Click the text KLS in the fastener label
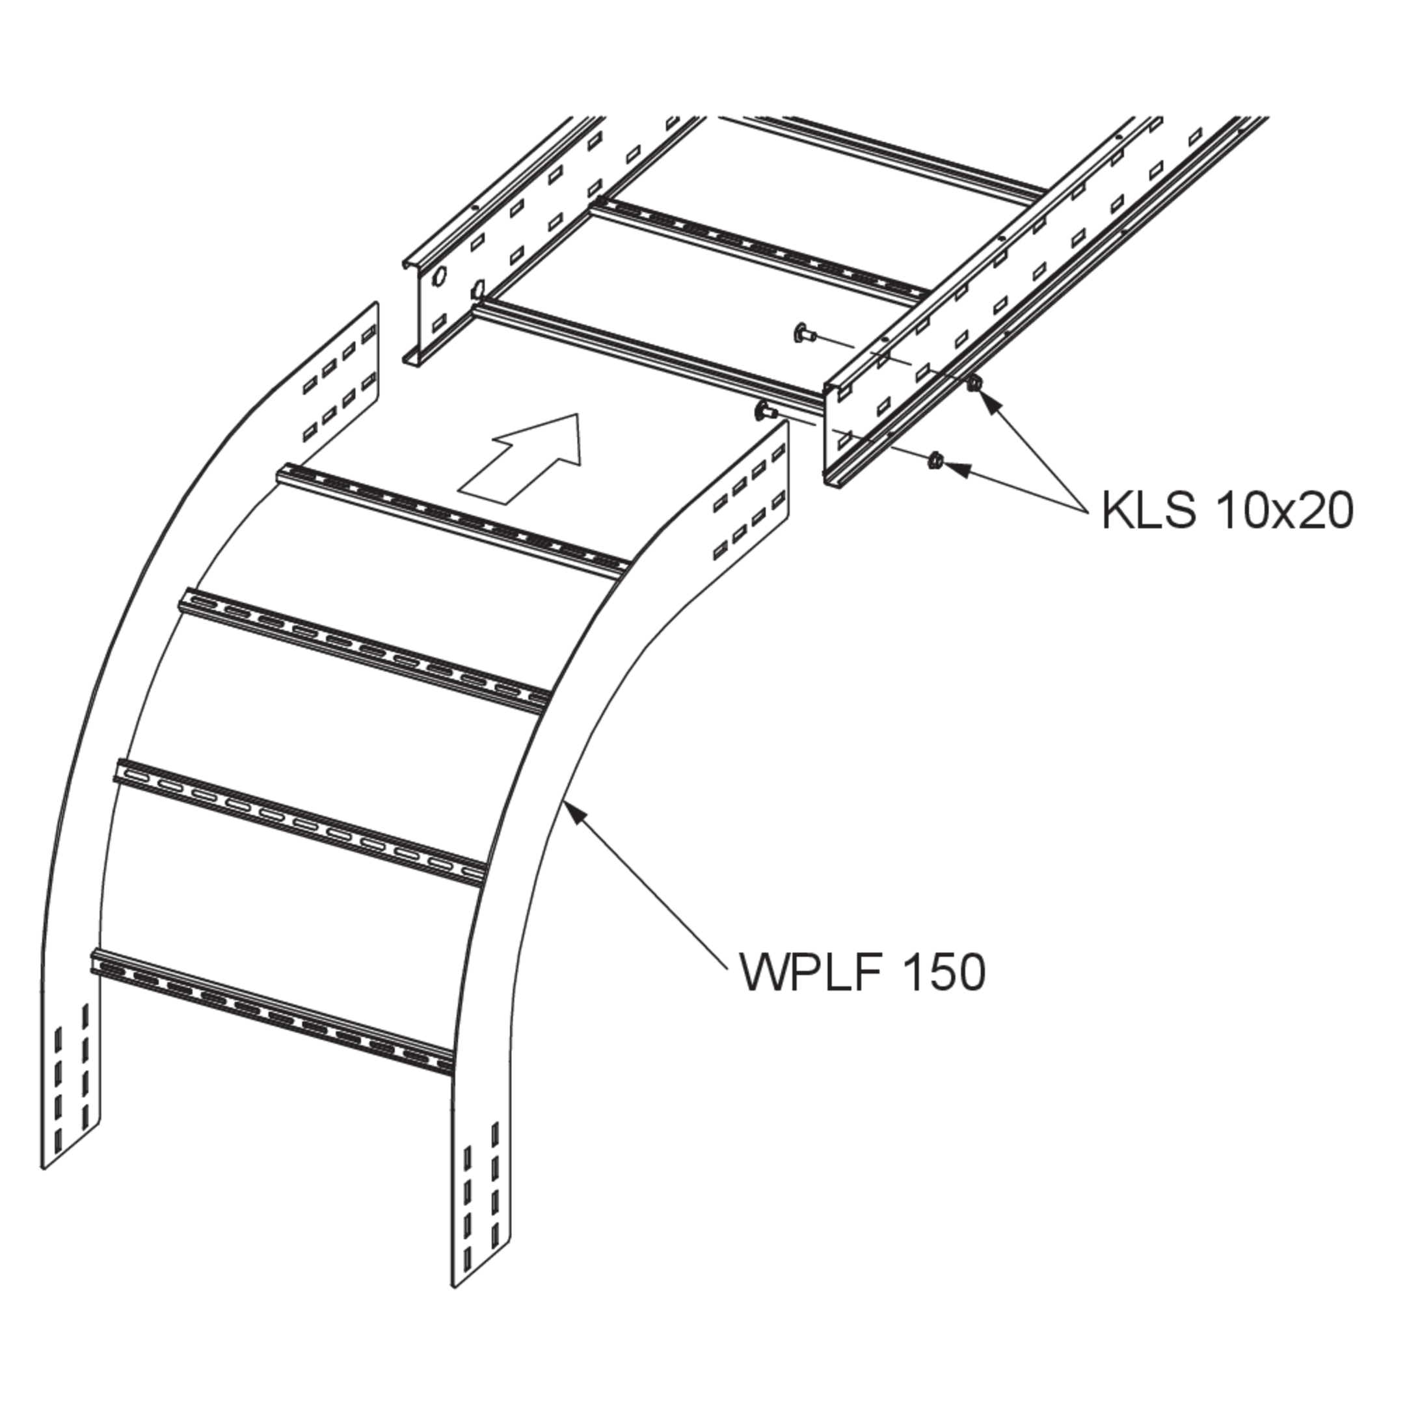[1148, 511]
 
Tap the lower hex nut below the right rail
[937, 461]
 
